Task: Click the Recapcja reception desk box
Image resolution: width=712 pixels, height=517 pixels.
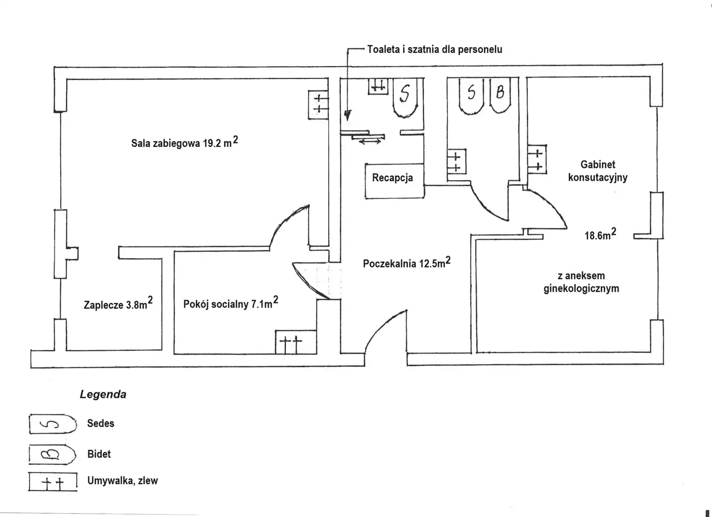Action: [x=394, y=181]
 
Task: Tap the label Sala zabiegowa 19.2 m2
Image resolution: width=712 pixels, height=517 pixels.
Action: [x=185, y=142]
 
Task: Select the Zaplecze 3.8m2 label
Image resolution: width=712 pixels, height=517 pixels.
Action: [x=118, y=304]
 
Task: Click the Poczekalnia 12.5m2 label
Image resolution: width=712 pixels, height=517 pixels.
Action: [x=407, y=262]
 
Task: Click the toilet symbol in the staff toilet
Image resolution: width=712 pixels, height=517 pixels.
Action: [x=405, y=97]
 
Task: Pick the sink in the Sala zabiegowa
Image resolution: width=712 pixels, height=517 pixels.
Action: [x=318, y=105]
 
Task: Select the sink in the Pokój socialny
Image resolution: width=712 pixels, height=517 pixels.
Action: [x=295, y=342]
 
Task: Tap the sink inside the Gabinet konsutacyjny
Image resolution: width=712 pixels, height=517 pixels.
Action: [x=537, y=159]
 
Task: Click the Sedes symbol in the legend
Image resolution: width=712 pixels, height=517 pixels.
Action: [x=53, y=424]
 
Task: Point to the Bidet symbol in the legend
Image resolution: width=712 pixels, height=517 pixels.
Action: [x=52, y=454]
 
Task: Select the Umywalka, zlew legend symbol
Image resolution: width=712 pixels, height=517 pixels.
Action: [x=53, y=482]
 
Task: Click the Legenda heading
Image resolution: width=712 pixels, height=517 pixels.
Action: [x=103, y=394]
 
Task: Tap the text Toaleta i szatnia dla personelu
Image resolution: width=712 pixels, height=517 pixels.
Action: [x=435, y=49]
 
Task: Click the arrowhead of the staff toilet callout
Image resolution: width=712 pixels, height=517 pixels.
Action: [x=348, y=115]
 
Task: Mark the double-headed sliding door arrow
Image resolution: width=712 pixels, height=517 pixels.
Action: [x=370, y=142]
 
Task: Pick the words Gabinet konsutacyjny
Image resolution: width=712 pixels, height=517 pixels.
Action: [x=598, y=171]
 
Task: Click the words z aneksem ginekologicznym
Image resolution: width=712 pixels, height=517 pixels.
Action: [x=581, y=282]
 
